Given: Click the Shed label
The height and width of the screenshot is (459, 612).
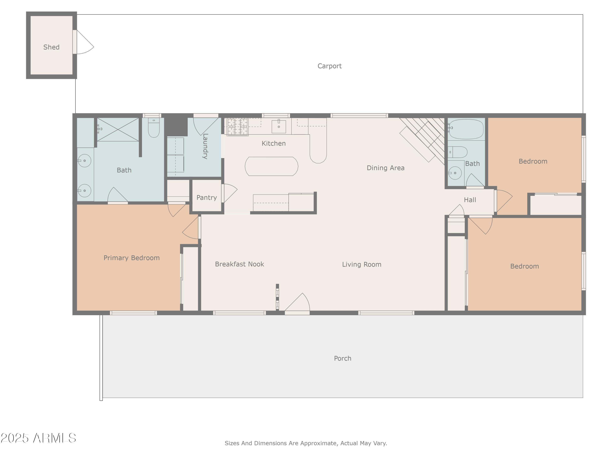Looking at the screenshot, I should pos(51,47).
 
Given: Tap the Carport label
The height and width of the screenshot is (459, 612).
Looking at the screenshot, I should pos(329,66).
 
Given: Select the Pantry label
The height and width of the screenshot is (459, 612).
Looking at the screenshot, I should pos(206,197).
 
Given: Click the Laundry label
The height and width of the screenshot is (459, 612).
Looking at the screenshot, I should pos(205,146).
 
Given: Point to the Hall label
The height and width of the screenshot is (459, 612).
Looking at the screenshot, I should pos(470,200).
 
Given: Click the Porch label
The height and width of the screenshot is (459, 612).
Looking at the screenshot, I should pos(343,358).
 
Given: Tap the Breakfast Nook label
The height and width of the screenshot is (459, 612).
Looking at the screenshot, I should pos(239,264).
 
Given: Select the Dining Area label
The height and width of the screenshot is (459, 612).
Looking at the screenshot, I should pos(385,168).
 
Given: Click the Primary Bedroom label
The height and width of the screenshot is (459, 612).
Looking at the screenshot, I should pos(131,258).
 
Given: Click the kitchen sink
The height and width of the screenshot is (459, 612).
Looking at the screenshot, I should pos(279,126).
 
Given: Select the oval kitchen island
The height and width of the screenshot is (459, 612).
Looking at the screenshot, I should pos(271,166).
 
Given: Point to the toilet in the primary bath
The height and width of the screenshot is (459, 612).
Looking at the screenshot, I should pos(154,128).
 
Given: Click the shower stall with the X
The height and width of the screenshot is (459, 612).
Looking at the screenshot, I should pos(118,130).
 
